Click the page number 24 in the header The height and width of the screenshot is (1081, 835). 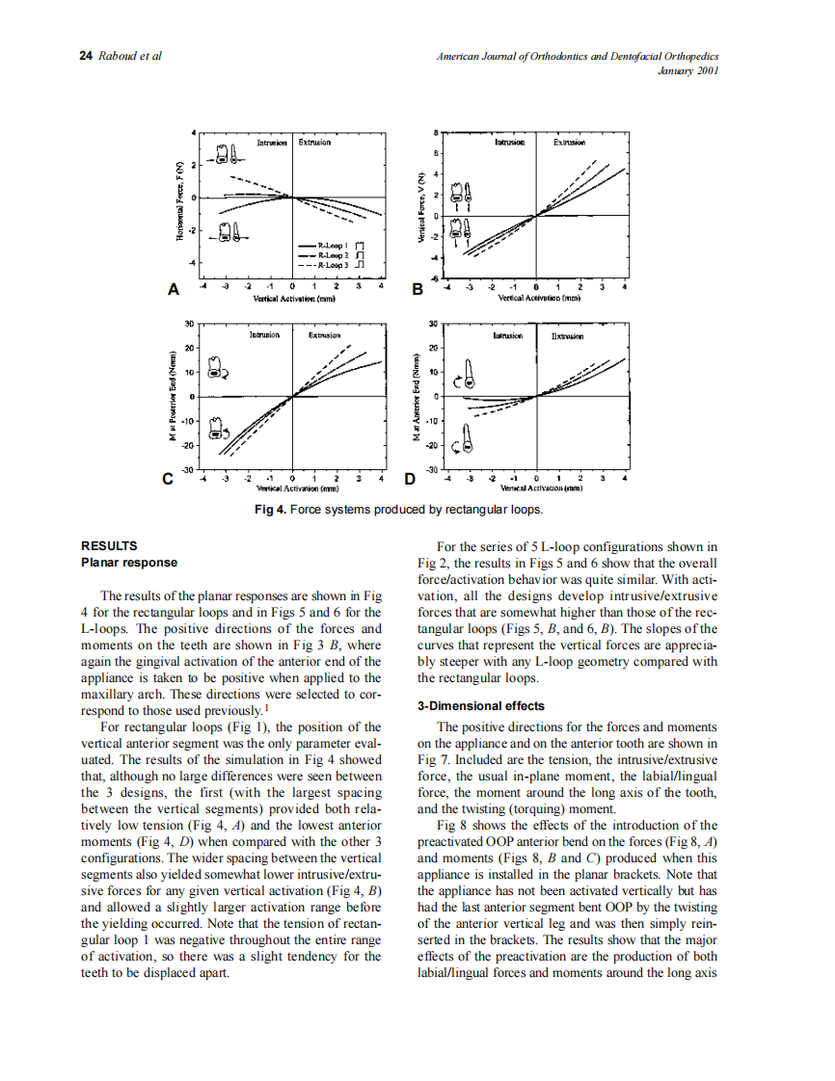pyautogui.click(x=86, y=56)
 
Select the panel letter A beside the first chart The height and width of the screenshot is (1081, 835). pyautogui.click(x=174, y=288)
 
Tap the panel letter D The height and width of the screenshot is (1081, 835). pyautogui.click(x=409, y=478)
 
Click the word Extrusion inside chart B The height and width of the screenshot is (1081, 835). pyautogui.click(x=569, y=142)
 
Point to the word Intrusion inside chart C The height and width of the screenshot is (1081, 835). pyautogui.click(x=264, y=335)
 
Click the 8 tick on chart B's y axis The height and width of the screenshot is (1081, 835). pyautogui.click(x=436, y=132)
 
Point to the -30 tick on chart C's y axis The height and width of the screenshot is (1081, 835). pyautogui.click(x=189, y=469)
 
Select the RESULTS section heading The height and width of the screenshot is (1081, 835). pyautogui.click(x=109, y=545)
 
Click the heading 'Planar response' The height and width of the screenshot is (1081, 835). pyautogui.click(x=129, y=562)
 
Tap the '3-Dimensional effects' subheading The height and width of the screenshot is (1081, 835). pyautogui.click(x=480, y=705)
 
